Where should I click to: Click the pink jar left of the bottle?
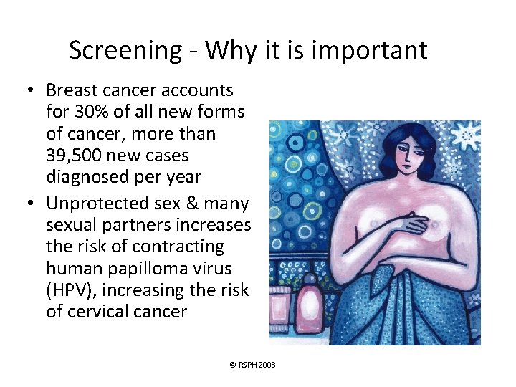(285, 315)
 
